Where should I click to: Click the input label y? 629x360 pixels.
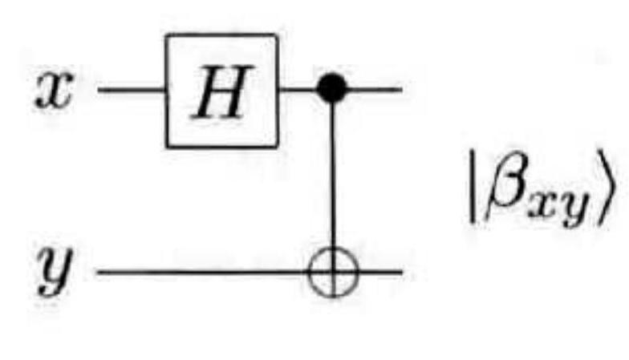click(x=55, y=272)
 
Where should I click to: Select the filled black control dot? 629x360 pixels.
click(x=332, y=88)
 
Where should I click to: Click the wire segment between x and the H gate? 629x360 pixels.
click(x=132, y=89)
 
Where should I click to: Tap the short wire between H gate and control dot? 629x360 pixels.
click(x=298, y=88)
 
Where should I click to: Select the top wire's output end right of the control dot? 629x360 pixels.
click(x=374, y=88)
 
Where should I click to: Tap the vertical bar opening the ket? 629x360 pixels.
click(x=474, y=187)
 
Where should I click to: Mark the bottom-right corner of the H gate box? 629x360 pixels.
click(x=276, y=146)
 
